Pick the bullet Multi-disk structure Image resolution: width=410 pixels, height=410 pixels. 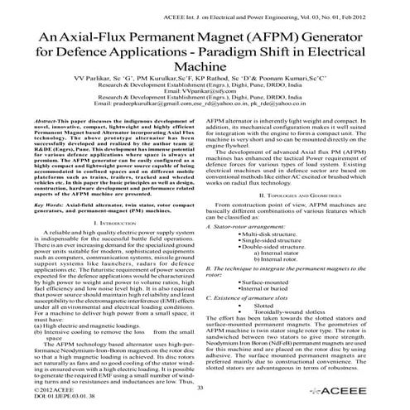point(272,235)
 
